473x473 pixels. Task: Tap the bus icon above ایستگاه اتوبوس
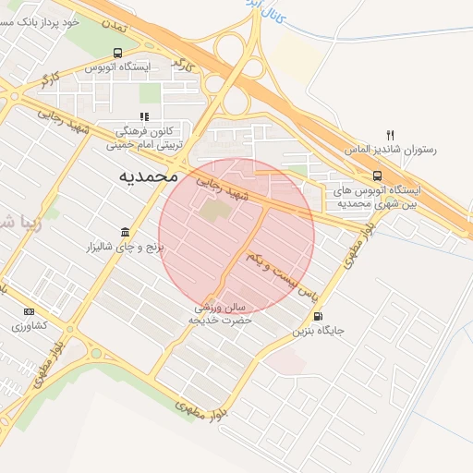coord(116,54)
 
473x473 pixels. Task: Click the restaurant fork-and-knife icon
coord(390,135)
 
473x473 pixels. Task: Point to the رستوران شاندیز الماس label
coord(389,149)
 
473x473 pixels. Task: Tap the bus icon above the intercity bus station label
coord(377,176)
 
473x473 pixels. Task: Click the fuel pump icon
coord(319,315)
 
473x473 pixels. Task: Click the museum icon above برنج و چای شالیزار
coord(125,232)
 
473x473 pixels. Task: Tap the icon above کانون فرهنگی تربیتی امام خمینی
coord(144,116)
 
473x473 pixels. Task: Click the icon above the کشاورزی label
coord(29,311)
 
